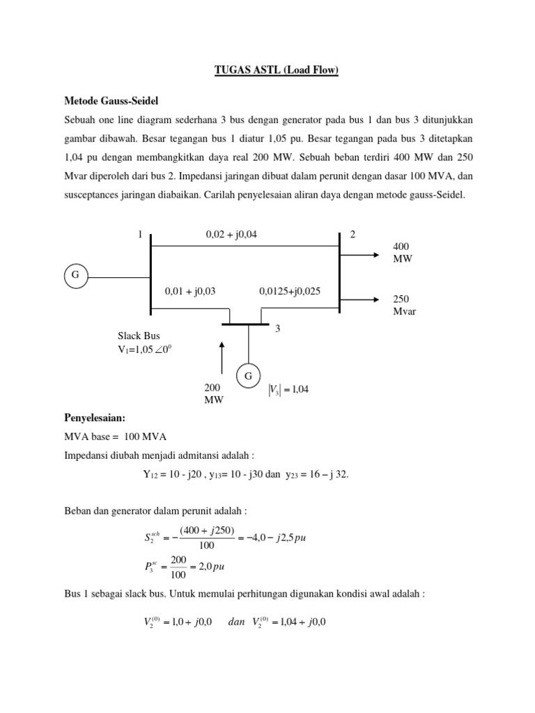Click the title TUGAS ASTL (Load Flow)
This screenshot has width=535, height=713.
point(267,71)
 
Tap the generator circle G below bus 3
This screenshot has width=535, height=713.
point(247,377)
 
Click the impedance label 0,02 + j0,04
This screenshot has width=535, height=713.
point(231,235)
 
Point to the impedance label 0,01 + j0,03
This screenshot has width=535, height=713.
point(190,291)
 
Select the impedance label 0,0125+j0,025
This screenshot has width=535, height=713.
point(290,291)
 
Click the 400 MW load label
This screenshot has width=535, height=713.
point(403,253)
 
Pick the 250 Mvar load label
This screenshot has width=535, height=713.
point(404,305)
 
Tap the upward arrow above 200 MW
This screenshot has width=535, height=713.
point(222,358)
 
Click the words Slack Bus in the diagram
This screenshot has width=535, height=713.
point(139,336)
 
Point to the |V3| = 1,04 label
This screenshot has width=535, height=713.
point(288,390)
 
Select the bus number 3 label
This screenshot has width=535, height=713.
point(277,329)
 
